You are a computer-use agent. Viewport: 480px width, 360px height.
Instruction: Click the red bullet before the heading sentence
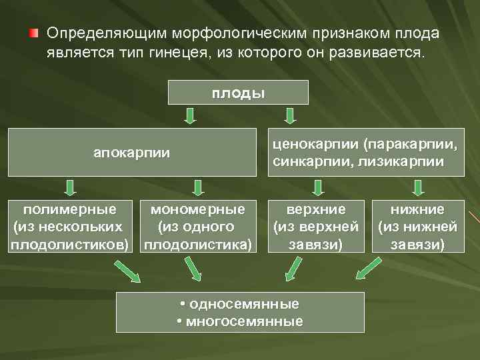(x=33, y=33)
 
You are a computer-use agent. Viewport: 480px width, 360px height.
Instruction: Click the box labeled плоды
(x=238, y=92)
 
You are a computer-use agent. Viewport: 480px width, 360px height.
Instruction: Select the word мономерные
(x=198, y=209)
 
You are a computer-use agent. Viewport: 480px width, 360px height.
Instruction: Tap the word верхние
(x=316, y=209)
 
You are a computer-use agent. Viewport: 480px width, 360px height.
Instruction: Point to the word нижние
(x=417, y=209)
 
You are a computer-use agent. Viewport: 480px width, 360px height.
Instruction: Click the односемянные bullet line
(x=240, y=305)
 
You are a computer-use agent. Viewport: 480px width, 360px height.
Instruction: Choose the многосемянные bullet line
(x=240, y=321)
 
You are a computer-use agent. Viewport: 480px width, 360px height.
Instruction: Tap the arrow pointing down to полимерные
(x=70, y=187)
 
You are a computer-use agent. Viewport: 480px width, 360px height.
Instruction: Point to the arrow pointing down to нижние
(x=417, y=187)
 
